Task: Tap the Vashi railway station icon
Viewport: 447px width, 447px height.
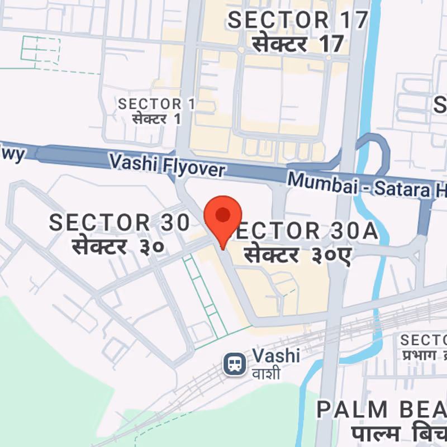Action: click(233, 365)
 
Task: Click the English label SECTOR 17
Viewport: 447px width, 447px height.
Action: click(298, 20)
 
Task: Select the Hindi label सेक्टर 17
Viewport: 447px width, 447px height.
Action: click(298, 44)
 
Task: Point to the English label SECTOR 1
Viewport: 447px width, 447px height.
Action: click(150, 104)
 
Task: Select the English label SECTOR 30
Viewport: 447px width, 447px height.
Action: click(120, 222)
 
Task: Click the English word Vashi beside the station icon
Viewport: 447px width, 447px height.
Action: click(276, 355)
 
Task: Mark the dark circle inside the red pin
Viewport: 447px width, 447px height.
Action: click(223, 214)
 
